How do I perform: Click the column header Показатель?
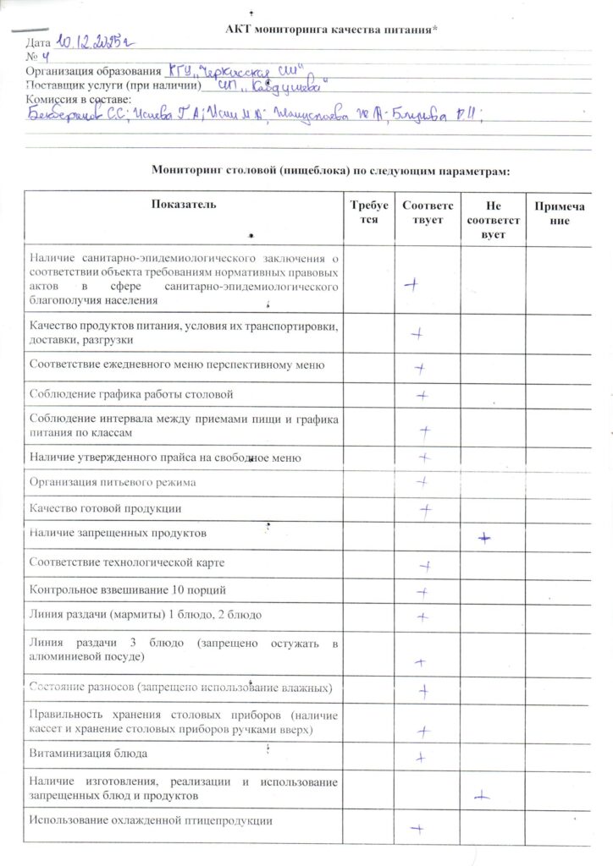click(x=184, y=205)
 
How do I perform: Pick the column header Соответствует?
click(x=428, y=211)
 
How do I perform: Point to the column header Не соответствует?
click(x=491, y=219)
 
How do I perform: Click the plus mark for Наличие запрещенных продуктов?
click(x=483, y=537)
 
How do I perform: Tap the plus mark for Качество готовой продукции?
click(x=426, y=509)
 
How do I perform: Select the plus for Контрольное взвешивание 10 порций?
click(x=422, y=592)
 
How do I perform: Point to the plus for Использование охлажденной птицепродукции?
click(x=416, y=829)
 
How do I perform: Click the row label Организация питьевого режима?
click(x=113, y=483)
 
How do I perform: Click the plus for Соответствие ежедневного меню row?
click(x=419, y=368)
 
